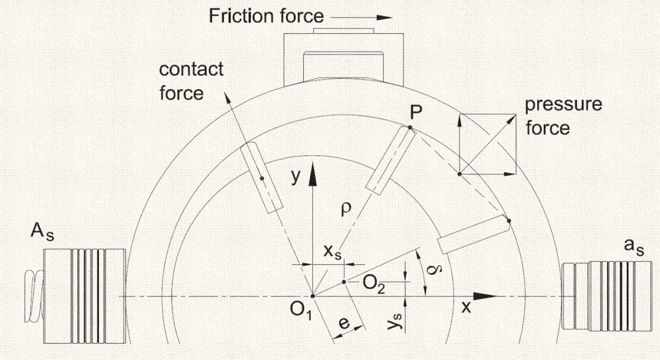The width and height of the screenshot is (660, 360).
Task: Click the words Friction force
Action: [x=266, y=15]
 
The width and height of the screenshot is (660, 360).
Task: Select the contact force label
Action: [x=191, y=81]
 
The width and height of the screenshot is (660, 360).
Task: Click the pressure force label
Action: [x=563, y=116]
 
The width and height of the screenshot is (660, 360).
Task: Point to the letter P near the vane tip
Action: [x=418, y=112]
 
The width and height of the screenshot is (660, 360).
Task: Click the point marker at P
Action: [x=410, y=128]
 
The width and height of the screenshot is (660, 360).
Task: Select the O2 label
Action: [x=373, y=283]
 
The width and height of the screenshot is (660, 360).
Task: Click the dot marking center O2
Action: [x=345, y=282]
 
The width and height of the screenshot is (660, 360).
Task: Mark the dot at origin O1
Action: [x=312, y=296]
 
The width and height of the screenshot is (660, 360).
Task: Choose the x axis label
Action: [x=466, y=307]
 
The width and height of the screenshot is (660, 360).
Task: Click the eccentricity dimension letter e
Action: [x=345, y=323]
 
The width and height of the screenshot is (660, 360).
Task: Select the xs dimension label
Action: [x=332, y=252]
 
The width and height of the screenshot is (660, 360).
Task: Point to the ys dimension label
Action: [x=394, y=323]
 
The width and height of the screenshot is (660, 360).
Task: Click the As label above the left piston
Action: [x=43, y=233]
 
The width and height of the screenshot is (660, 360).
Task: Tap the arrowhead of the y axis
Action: [x=312, y=172]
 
